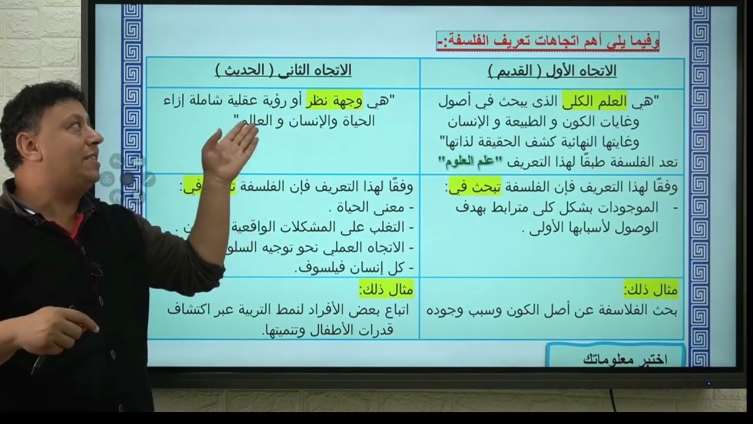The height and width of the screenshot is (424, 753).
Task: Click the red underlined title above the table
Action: click(548, 41)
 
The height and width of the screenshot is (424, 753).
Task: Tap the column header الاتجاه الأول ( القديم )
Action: click(552, 71)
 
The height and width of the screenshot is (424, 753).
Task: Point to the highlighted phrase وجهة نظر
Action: click(334, 101)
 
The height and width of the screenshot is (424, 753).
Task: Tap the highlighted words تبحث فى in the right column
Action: click(475, 187)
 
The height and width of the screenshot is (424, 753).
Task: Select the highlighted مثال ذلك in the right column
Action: click(651, 290)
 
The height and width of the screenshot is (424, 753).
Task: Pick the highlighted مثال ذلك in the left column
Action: click(386, 290)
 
